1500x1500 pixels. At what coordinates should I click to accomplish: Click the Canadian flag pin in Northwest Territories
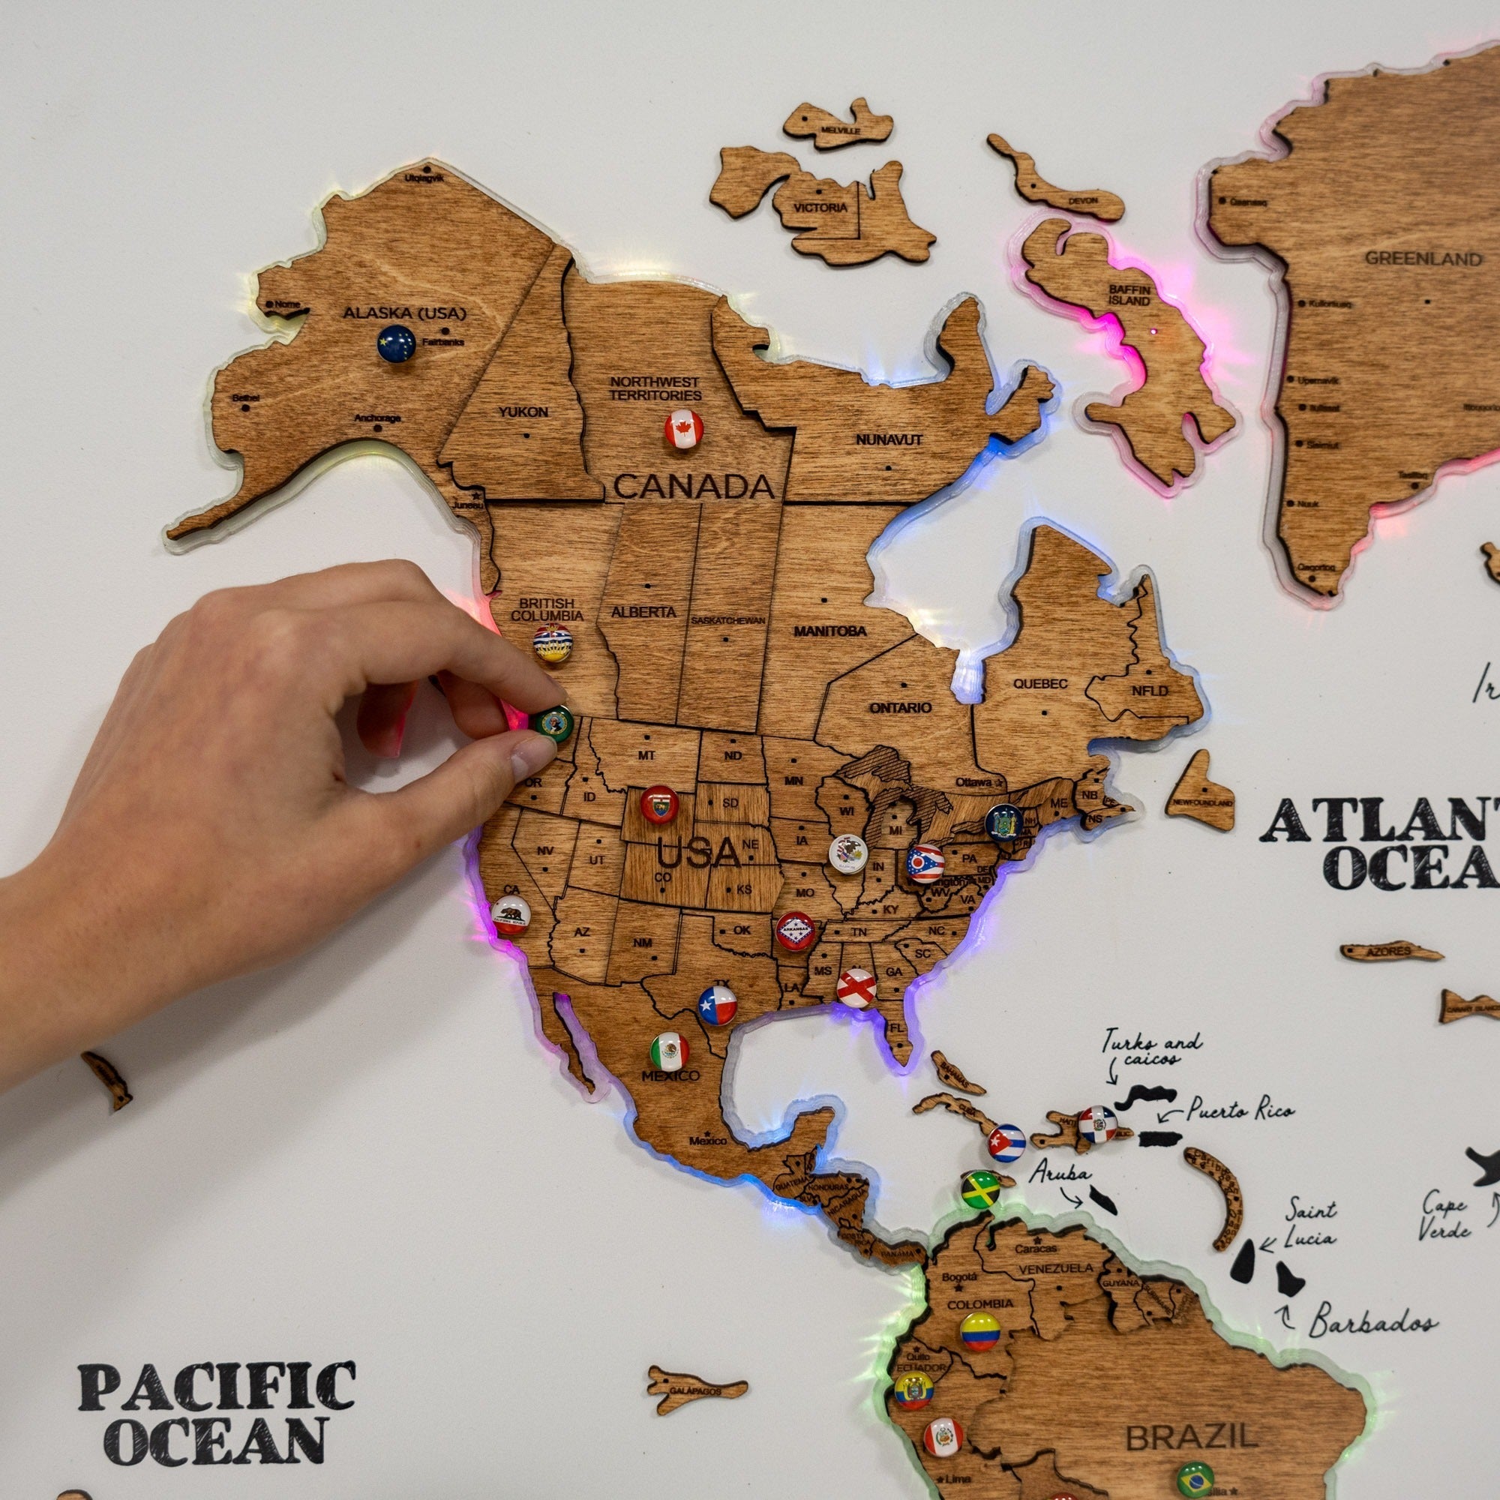(x=684, y=429)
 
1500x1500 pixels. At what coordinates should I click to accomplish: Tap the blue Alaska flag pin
(x=396, y=343)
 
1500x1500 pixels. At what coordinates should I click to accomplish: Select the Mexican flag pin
(x=669, y=1051)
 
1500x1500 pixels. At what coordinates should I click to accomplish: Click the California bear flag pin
(x=511, y=915)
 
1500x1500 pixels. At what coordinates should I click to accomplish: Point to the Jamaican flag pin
(x=980, y=1189)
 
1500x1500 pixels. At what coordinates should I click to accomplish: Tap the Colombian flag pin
(x=979, y=1331)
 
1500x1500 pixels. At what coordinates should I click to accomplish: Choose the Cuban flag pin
(x=1006, y=1143)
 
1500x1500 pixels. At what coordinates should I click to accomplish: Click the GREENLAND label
(x=1423, y=259)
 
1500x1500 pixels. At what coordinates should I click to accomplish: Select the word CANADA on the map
(x=694, y=487)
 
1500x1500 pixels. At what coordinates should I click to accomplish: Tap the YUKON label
(x=523, y=412)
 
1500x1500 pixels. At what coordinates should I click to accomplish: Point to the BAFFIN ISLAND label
(x=1129, y=294)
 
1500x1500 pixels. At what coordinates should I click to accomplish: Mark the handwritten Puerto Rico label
(x=1240, y=1111)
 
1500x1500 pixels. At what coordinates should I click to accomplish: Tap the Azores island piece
(x=1390, y=951)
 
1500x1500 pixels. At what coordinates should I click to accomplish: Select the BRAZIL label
(x=1192, y=1437)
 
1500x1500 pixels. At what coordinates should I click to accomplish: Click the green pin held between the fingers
(x=554, y=724)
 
